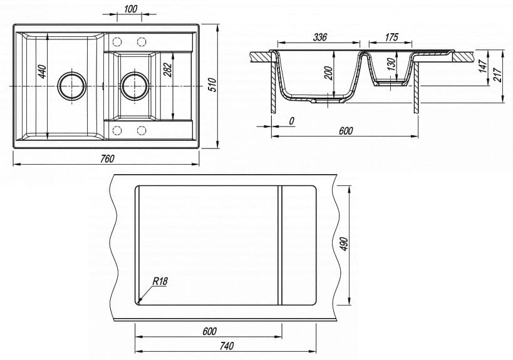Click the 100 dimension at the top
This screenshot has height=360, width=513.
pos(130,8)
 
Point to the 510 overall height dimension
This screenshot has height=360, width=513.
pos(212,85)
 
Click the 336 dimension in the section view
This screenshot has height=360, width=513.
pos(319,38)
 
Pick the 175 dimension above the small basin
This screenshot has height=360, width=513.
pos(391,38)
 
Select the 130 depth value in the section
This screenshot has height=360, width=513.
pos(390,65)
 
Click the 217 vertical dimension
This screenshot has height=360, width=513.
pos(498,75)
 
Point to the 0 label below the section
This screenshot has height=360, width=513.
pos(292,120)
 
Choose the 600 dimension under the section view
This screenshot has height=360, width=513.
pos(346,130)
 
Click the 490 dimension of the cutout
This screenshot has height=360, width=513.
pos(343,244)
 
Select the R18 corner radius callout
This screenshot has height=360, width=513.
pos(160,281)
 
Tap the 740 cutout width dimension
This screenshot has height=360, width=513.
pos(227,346)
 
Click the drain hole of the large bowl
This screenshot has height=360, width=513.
pos(71,85)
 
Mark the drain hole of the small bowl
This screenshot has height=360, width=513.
pos(135,85)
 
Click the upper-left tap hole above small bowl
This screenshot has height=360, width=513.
pos(117,41)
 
